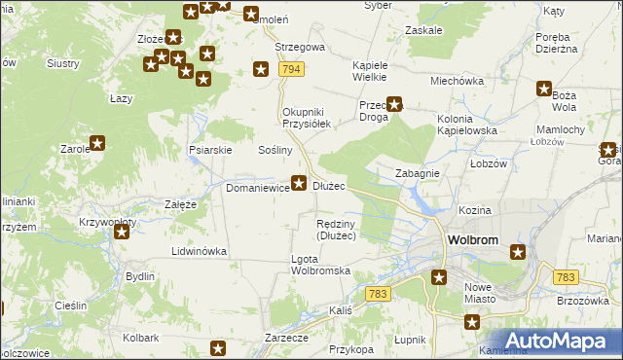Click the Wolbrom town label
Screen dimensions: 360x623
point(473,239)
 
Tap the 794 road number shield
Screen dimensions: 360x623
point(289,69)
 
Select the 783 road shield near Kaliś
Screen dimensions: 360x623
point(380,293)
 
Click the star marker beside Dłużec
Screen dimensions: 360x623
point(300,181)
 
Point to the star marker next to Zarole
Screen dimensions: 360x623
point(96,144)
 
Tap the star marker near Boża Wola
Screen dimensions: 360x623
point(544,90)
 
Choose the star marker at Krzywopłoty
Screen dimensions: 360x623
point(120,232)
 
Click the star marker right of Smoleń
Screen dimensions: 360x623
point(251,15)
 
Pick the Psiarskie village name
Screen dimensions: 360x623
point(209,150)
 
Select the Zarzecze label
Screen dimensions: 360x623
point(286,337)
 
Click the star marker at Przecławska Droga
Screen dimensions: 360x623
point(395,103)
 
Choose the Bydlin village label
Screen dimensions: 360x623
point(140,276)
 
